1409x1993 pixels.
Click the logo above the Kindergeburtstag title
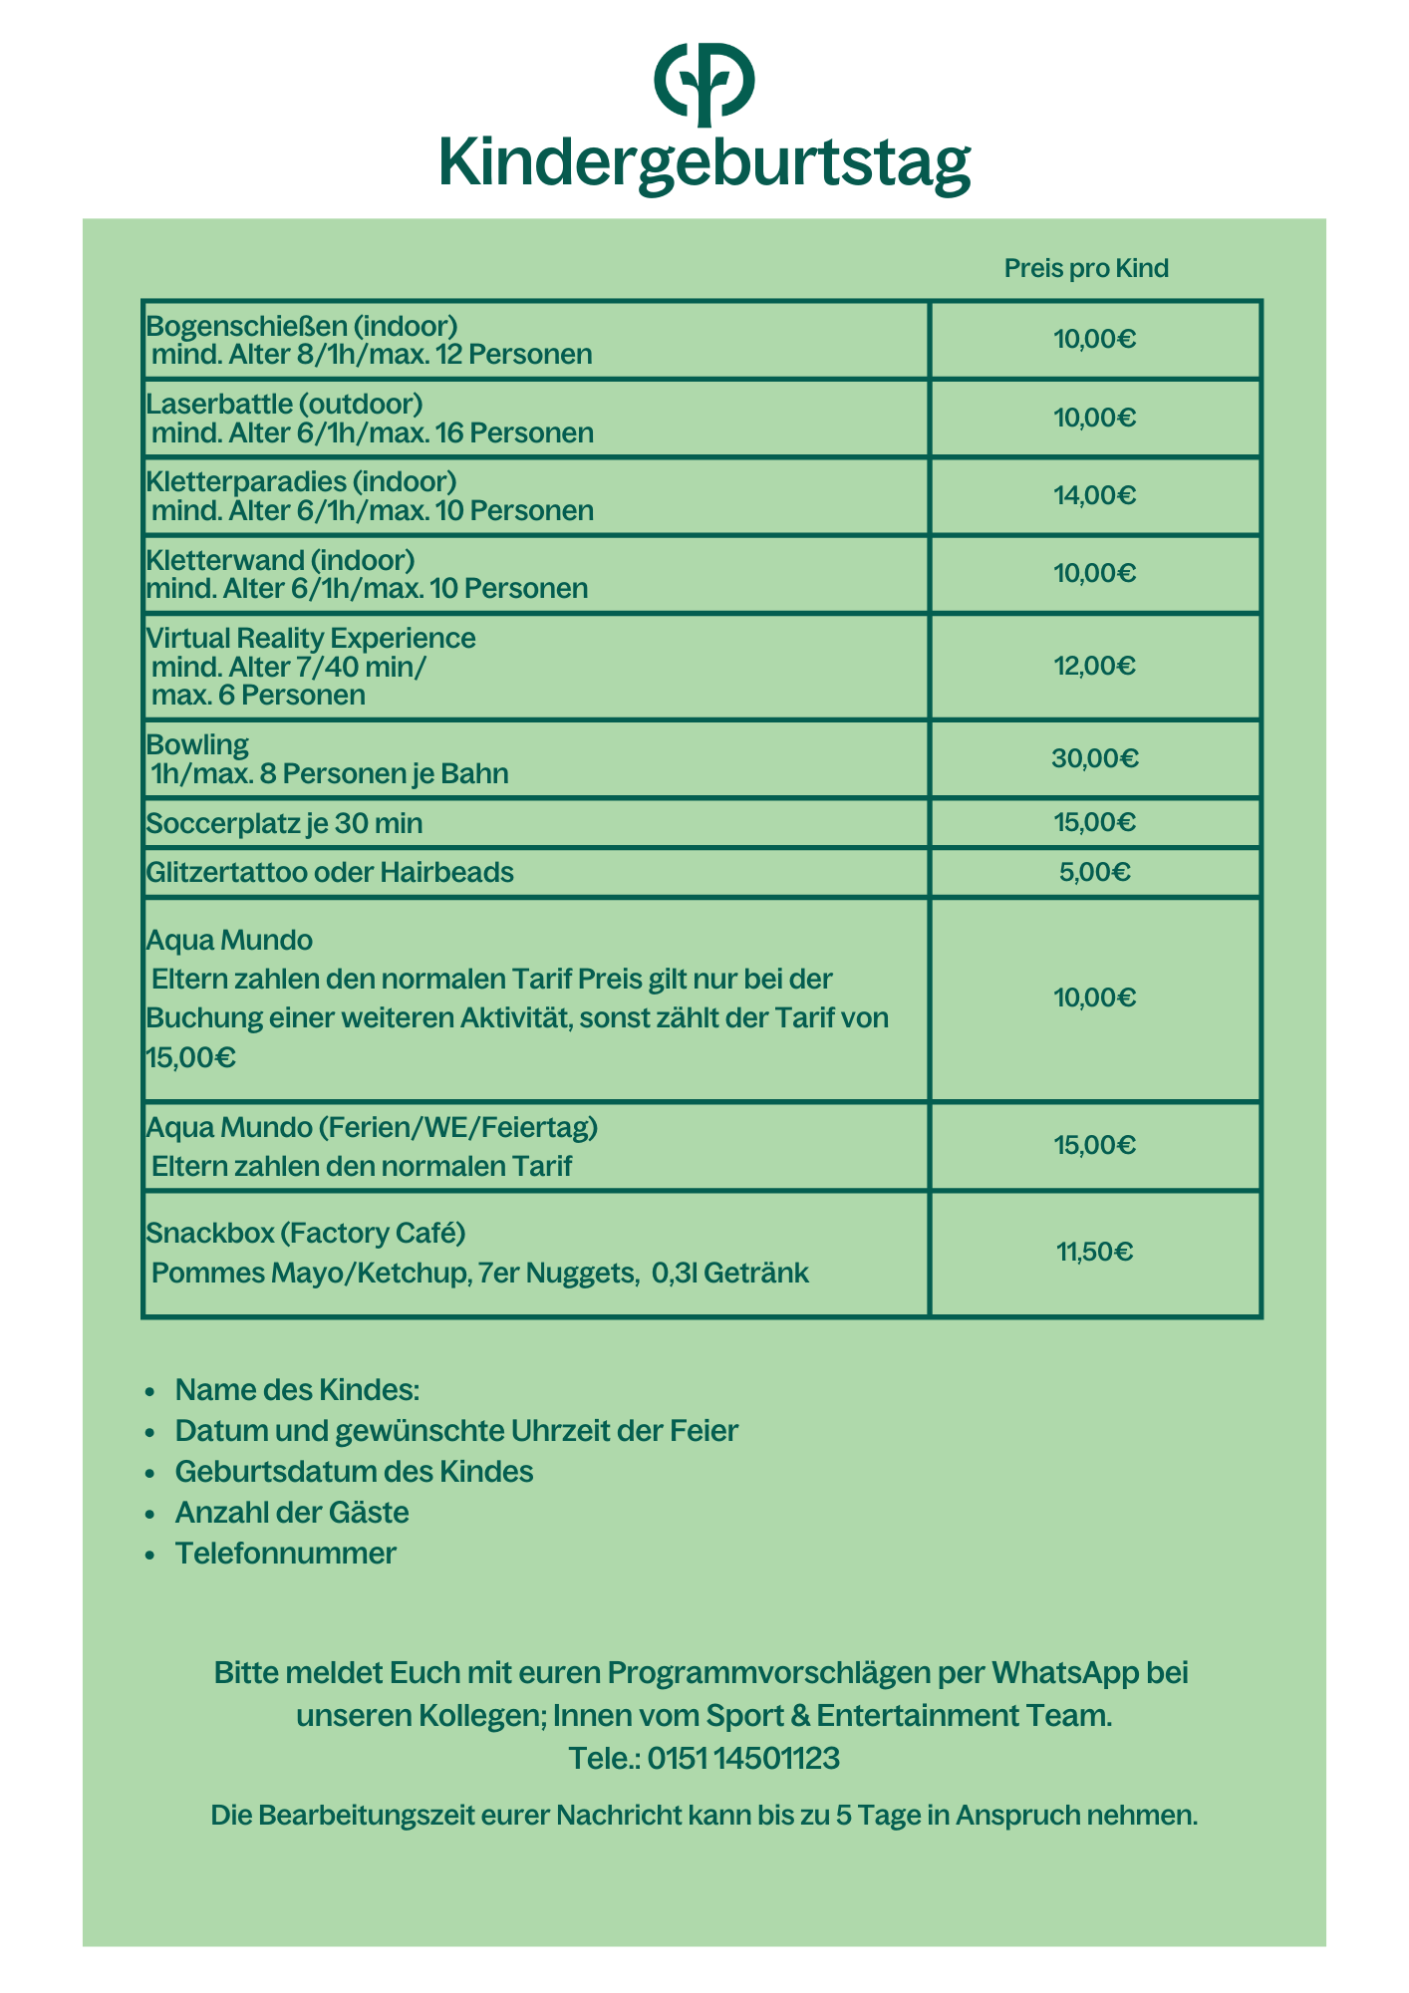tap(704, 84)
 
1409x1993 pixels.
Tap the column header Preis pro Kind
tap(1086, 268)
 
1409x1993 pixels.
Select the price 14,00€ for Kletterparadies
tap(1095, 495)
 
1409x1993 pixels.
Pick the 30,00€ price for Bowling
tap(1095, 758)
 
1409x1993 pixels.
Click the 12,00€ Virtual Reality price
tap(1095, 666)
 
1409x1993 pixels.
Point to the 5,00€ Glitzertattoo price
tap(1095, 873)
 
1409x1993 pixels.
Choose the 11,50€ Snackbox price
tap(1095, 1252)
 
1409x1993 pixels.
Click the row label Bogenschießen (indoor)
tap(302, 325)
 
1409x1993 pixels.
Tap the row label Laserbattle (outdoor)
tap(285, 404)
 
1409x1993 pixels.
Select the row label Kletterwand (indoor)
tap(281, 560)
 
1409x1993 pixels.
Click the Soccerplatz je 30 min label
tap(284, 823)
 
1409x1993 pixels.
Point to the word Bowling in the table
tap(197, 744)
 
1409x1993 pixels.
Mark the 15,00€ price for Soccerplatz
tap(1095, 822)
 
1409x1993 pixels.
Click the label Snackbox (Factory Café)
tap(306, 1234)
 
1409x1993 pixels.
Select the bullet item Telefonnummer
tap(285, 1553)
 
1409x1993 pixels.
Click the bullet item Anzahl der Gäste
tap(292, 1512)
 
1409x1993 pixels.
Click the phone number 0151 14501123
tap(743, 1758)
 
